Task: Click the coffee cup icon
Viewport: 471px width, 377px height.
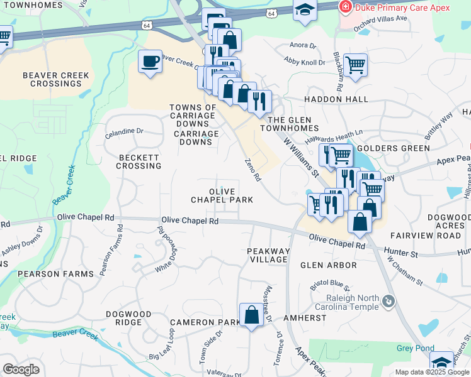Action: (150, 62)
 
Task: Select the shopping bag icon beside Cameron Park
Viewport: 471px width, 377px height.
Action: (251, 315)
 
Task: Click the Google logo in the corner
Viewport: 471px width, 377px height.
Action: (21, 369)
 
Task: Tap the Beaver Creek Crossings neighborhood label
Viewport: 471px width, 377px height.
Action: (56, 79)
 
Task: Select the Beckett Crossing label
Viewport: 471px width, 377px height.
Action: (139, 161)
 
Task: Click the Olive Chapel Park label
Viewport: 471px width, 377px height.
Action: (222, 195)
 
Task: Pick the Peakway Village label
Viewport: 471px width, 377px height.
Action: (269, 255)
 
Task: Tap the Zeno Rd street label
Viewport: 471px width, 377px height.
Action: (253, 170)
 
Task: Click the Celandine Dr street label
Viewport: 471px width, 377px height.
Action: (124, 132)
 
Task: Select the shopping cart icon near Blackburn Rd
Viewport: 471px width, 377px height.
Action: (356, 63)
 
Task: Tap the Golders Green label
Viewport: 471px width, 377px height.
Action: (393, 148)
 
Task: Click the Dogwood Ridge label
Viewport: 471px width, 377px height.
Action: (128, 318)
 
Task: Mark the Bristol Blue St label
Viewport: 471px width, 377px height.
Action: (330, 285)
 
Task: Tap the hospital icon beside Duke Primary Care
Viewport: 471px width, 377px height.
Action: (345, 7)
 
